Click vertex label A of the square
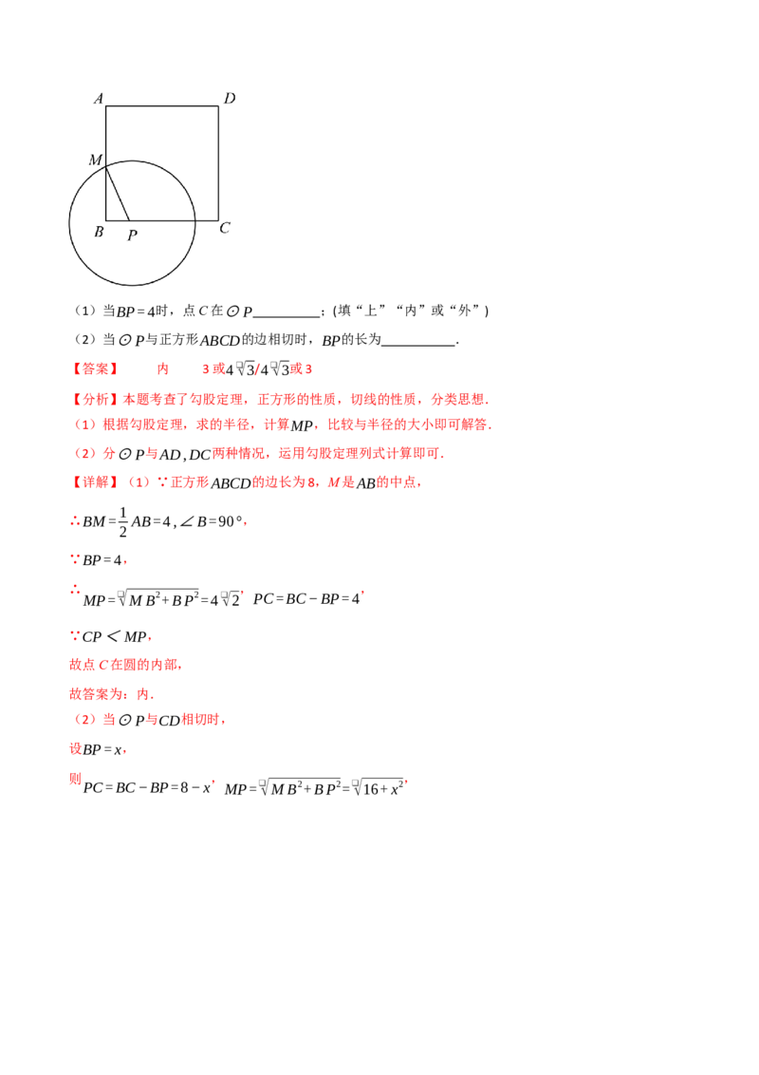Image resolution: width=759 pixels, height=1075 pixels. pos(99,99)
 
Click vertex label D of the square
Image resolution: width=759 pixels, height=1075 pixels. pos(230,98)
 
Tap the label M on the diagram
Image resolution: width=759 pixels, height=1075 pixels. pos(95,160)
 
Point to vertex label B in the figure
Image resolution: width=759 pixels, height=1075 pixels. pos(99,232)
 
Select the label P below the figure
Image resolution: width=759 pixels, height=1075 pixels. pos(132,236)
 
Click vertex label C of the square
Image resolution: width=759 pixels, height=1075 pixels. pos(225,228)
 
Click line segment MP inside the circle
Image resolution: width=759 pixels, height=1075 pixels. pos(117,193)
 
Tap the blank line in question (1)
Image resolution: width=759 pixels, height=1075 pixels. pos(287,316)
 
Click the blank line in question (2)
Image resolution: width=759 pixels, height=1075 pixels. pos(418,345)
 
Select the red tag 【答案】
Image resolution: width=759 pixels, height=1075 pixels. pos(95,368)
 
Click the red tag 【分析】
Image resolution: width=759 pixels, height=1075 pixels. pos(95,399)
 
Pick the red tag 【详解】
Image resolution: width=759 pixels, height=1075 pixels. pos(95,482)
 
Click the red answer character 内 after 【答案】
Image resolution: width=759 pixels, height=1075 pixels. pos(162,368)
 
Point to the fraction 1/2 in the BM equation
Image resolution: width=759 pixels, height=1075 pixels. pos(123,521)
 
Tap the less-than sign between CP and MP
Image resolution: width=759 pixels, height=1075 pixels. pos(113,637)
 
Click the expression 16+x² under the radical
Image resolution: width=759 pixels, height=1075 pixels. pos(383,788)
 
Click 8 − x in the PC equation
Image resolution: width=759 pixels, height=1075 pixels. pos(195,788)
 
